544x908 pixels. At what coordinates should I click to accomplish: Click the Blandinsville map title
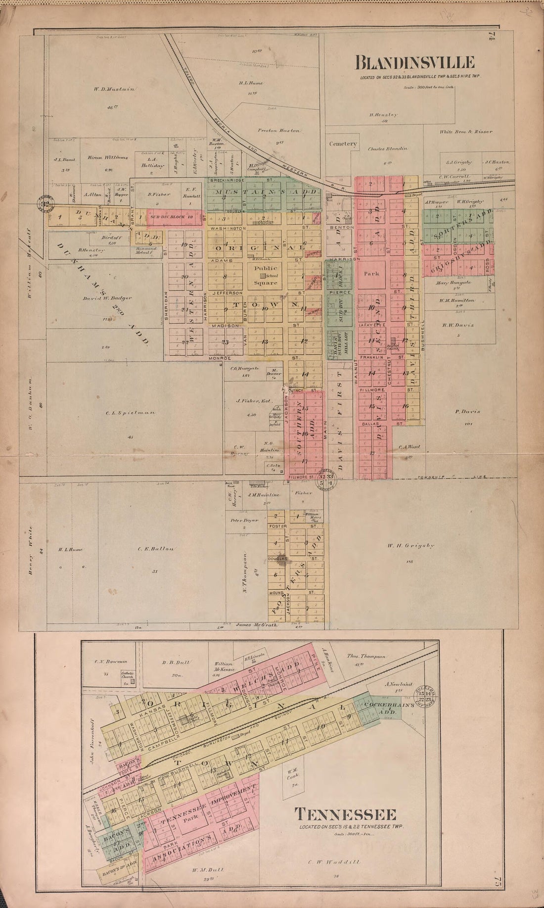[x=415, y=63]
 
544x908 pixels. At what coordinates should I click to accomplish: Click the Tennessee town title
[x=345, y=814]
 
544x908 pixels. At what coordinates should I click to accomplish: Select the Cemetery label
[x=343, y=144]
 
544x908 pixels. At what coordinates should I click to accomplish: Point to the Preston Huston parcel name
[x=278, y=131]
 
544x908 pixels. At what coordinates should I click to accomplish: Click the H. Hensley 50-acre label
[x=383, y=115]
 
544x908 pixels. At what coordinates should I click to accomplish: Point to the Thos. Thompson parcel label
[x=366, y=656]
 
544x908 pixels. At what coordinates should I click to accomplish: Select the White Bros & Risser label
[x=466, y=132]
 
